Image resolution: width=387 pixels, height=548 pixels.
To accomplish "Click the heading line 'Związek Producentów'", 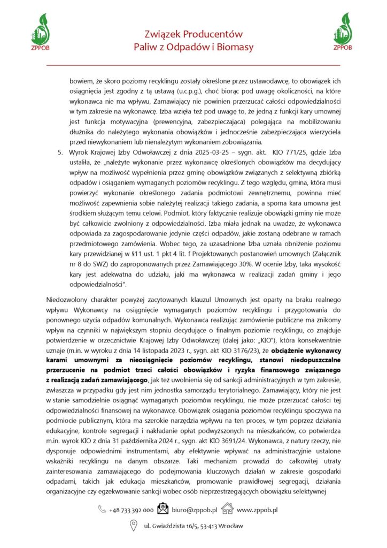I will click(193, 34).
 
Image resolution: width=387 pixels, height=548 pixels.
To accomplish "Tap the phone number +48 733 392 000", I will click(131, 510).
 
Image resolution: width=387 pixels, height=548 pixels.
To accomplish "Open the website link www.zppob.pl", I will click(257, 510).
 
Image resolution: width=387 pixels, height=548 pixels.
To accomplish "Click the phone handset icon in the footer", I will click(102, 510).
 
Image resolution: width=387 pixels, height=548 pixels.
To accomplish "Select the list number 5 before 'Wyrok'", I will click(60, 153).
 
